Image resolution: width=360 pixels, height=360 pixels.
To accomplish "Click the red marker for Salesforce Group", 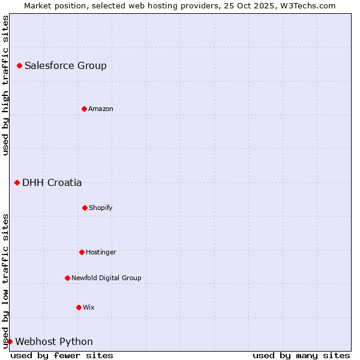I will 19,65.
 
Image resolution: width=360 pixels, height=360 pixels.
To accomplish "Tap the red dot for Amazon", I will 84,109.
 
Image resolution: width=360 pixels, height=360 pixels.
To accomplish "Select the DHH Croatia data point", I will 17,182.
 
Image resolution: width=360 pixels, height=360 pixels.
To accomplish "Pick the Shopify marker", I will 85,208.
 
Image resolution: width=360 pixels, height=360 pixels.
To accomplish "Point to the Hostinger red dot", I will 82,252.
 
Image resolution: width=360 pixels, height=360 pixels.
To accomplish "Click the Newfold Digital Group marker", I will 67,278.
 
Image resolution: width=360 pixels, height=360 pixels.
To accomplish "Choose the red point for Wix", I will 79,307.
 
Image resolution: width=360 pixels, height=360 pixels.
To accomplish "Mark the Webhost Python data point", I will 10,341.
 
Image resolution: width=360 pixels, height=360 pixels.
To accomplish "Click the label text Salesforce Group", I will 65,66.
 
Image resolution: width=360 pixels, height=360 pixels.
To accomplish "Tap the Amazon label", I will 101,109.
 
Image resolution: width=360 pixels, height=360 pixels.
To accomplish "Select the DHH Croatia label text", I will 52,183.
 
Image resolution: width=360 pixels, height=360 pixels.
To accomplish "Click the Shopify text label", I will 101,208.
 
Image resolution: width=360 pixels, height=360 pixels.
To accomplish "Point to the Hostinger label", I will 101,253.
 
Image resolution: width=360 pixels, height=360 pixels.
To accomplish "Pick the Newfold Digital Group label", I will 106,278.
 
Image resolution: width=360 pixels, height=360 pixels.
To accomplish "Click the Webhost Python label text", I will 54,342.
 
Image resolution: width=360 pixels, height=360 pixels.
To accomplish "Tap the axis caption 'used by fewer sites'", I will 62,355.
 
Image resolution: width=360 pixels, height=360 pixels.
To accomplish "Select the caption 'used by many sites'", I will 301,355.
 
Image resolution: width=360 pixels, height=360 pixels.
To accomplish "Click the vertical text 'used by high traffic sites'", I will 5,85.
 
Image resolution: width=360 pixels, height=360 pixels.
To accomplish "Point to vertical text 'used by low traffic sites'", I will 5,280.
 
